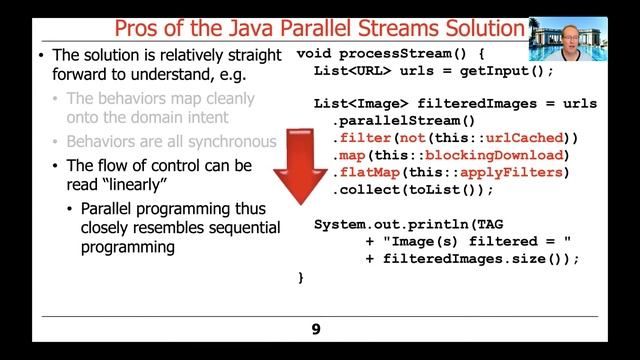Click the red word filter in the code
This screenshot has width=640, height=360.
pyautogui.click(x=362, y=137)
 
